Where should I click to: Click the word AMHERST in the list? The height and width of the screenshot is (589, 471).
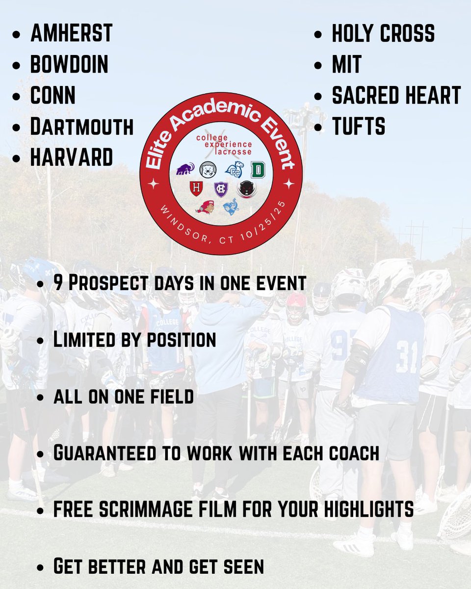point(72,33)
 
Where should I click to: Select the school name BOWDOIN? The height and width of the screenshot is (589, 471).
point(69,64)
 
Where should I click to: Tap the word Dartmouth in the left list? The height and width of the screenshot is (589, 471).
point(82,126)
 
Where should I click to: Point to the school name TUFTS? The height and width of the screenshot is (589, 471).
point(359,126)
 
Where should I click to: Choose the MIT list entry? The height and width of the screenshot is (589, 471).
point(347,64)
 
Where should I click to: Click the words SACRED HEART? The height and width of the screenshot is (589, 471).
point(396,95)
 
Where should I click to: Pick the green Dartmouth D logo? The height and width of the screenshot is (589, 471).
point(258,170)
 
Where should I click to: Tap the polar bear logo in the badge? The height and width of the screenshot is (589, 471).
point(208,170)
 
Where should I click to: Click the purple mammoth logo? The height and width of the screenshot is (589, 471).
point(185,169)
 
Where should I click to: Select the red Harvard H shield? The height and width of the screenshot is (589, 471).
point(196,188)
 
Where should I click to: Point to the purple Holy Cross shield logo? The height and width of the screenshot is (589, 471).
point(221,189)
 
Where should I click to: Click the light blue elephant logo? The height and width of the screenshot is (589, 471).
point(231,206)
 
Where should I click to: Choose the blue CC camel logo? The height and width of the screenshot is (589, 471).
point(234,170)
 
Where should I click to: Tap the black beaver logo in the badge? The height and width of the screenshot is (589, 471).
point(247,189)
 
